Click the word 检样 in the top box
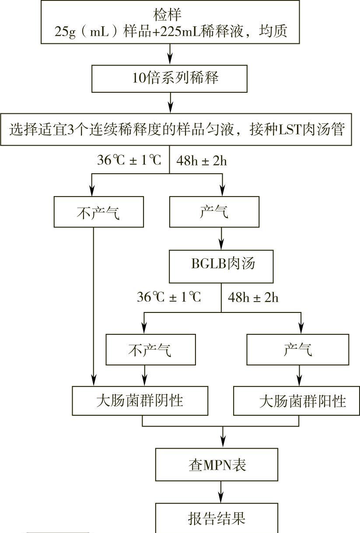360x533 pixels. [x=170, y=14]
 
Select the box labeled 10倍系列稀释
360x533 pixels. [x=170, y=79]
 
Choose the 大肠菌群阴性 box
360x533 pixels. [x=140, y=400]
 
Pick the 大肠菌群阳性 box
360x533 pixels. [x=297, y=401]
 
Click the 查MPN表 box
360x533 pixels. [x=217, y=465]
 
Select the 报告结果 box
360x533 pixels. [x=217, y=519]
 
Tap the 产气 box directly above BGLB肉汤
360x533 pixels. [x=214, y=212]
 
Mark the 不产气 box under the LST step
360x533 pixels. [x=98, y=212]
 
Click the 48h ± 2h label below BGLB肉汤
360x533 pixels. [x=253, y=298]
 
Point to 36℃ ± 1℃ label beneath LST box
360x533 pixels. [x=129, y=160]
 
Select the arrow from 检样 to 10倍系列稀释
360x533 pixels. [x=170, y=54]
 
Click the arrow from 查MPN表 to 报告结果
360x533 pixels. [x=221, y=492]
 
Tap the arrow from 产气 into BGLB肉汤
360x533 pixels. [x=221, y=239]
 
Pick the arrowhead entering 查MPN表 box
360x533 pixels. [x=223, y=443]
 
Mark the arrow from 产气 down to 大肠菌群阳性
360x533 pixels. [x=300, y=375]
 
